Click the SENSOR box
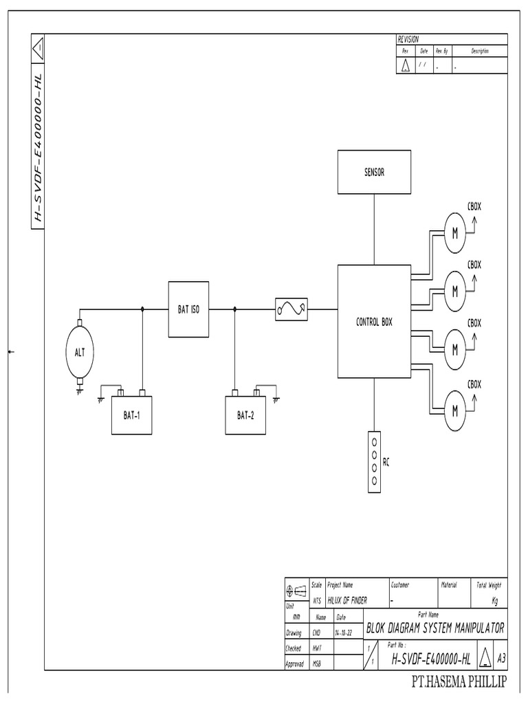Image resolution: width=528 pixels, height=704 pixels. click(x=374, y=173)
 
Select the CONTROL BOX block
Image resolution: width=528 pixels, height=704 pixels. click(x=374, y=322)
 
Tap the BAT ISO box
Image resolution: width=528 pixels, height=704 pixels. click(x=188, y=309)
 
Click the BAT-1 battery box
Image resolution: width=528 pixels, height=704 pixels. click(x=131, y=415)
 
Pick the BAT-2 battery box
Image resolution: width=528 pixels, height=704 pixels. click(x=245, y=415)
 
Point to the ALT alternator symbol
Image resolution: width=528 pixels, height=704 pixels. click(x=80, y=352)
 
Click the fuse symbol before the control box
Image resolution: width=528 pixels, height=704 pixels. click(x=291, y=310)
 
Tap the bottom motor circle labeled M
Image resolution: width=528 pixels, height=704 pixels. click(x=454, y=410)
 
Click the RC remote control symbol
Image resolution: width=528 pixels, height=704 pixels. click(x=373, y=462)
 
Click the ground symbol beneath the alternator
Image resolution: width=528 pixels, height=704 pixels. click(x=80, y=390)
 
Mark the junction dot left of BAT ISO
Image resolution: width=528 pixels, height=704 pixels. click(x=142, y=309)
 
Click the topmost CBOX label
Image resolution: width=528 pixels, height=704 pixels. click(x=474, y=205)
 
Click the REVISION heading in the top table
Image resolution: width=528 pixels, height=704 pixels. click(x=408, y=39)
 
